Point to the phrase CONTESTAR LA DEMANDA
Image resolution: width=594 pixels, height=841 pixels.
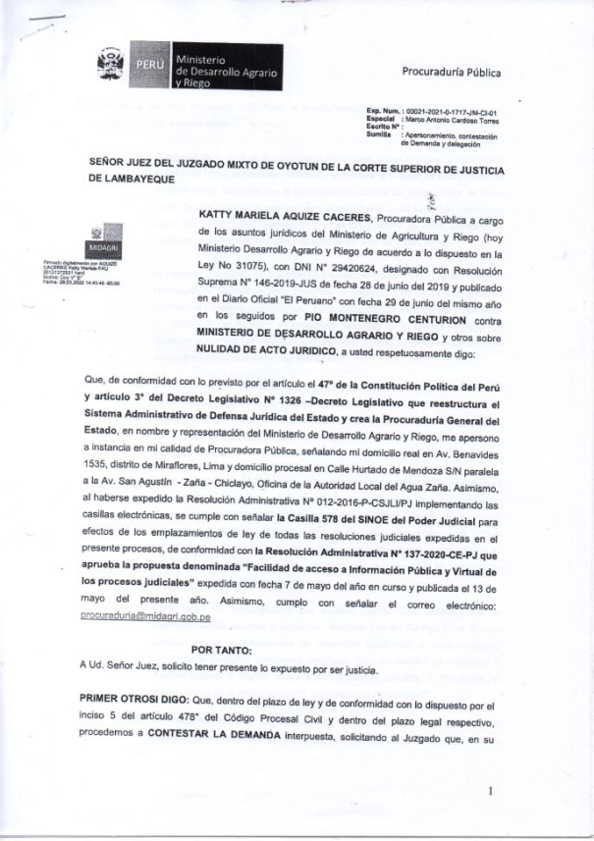point(204,736)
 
